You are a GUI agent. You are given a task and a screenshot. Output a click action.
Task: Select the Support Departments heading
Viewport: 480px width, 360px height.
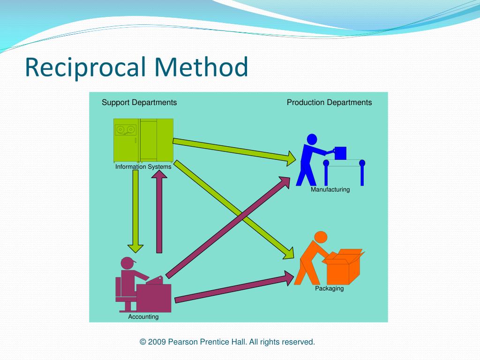tap(139, 103)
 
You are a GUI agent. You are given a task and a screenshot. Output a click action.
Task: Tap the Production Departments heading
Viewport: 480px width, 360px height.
tap(329, 103)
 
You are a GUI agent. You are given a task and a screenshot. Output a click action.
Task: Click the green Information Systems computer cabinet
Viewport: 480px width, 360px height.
tap(143, 139)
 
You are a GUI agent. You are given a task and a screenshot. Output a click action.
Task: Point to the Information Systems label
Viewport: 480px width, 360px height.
tap(143, 166)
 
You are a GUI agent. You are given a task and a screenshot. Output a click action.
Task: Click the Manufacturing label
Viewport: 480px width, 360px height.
tap(330, 190)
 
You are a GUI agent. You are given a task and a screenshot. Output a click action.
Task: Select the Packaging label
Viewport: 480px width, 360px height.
tap(329, 289)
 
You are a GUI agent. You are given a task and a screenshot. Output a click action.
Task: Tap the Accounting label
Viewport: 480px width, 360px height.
tap(143, 317)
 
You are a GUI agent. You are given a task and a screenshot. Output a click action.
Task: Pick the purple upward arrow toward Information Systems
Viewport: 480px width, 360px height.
tap(159, 211)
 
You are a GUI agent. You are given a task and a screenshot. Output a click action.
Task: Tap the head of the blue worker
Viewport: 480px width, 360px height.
tap(312, 139)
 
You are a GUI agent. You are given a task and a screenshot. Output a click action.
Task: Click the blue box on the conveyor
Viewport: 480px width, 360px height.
tap(340, 153)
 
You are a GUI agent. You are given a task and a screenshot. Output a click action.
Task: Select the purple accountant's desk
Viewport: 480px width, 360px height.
tap(153, 298)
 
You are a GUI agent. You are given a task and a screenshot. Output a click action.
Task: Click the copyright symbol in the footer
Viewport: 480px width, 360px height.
tap(143, 342)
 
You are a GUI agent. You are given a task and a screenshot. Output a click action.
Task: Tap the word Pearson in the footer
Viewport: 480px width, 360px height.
tap(183, 342)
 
